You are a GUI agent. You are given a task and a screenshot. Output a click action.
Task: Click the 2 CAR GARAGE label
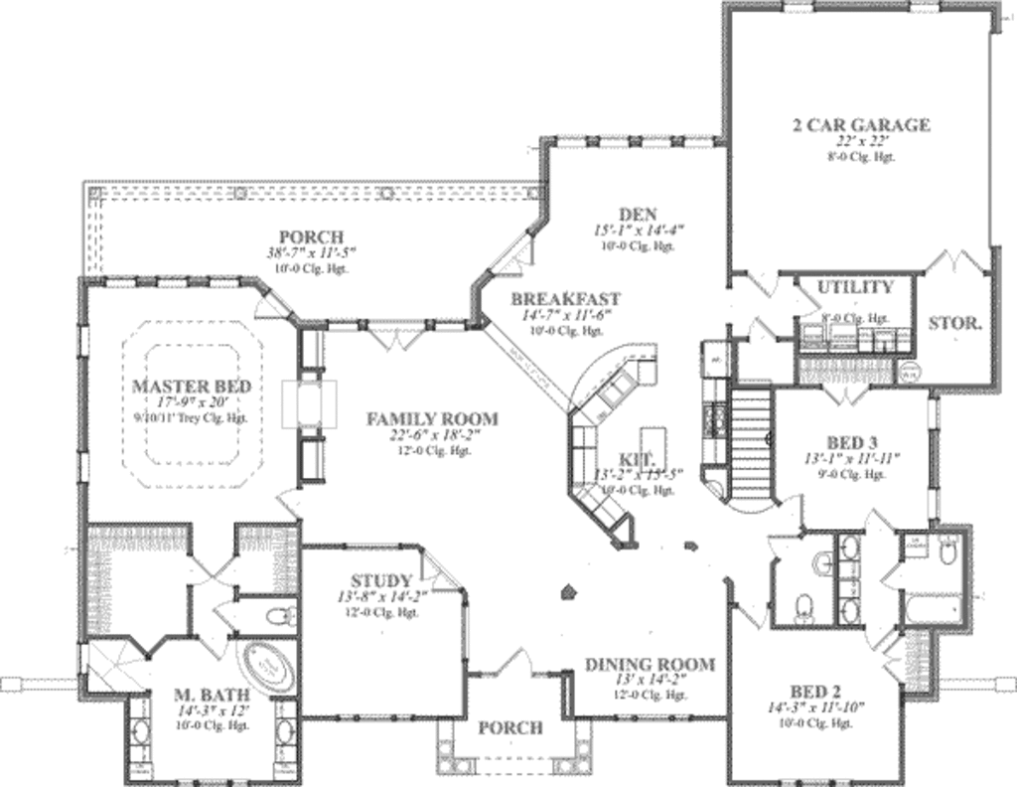(860, 125)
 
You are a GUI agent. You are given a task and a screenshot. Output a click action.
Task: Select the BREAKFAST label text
(565, 299)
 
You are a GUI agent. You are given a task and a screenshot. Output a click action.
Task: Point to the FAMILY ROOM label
(432, 419)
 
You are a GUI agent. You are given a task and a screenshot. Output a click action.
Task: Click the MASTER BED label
(191, 386)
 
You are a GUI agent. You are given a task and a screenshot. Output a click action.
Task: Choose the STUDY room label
(381, 581)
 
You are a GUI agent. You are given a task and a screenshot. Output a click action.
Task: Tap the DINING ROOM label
(650, 665)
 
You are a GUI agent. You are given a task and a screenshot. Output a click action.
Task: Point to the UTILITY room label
(855, 288)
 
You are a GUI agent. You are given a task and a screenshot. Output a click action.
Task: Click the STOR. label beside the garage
(955, 324)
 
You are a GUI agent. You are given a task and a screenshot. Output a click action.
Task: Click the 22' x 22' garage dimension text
(860, 142)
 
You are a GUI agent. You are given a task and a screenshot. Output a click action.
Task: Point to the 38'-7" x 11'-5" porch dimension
(311, 254)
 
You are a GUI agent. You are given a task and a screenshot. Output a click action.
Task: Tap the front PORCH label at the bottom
(510, 728)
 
